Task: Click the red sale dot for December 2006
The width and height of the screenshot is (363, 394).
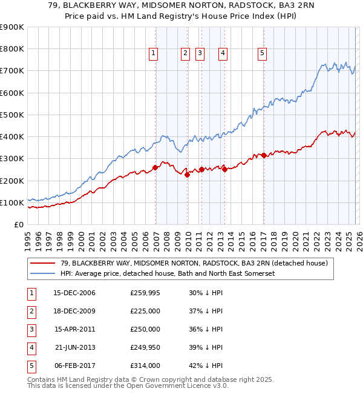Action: [x=155, y=167]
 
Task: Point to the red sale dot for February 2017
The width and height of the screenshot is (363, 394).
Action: [x=264, y=156]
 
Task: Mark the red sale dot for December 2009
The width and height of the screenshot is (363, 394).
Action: [x=188, y=175]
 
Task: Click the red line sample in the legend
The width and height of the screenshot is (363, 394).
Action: [x=43, y=263]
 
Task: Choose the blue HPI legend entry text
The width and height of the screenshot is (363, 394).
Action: [x=168, y=273]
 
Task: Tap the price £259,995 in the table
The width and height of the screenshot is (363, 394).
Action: [x=145, y=293]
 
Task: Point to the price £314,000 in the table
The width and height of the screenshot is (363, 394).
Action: [x=145, y=366]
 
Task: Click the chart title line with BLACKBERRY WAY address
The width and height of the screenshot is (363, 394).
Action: [x=181, y=6]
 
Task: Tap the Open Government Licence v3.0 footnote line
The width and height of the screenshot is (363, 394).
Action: [x=128, y=386]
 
